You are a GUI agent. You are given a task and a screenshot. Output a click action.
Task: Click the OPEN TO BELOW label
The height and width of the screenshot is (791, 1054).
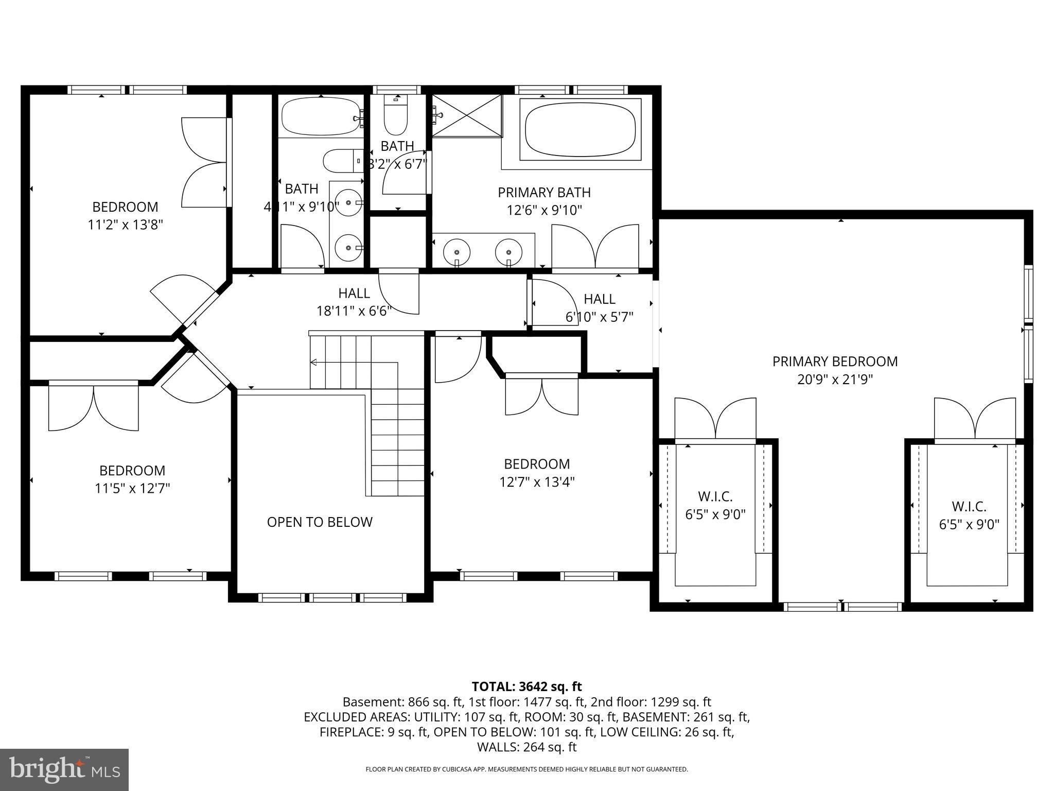pyautogui.click(x=319, y=522)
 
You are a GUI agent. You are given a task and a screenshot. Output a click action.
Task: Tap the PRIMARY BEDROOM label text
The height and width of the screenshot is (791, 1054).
pyautogui.click(x=835, y=362)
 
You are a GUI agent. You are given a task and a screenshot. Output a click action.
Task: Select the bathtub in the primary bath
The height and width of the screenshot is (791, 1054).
pyautogui.click(x=580, y=129)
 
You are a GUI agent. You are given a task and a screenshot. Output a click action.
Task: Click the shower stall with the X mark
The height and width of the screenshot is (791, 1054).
pyautogui.click(x=466, y=116)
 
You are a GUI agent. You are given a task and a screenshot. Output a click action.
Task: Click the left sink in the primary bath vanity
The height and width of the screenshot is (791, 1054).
pyautogui.click(x=457, y=252)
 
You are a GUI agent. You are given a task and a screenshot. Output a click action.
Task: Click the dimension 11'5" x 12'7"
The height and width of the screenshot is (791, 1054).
pyautogui.click(x=132, y=488)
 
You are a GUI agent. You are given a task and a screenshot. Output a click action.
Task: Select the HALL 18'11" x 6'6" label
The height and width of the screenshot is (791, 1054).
pyautogui.click(x=354, y=302)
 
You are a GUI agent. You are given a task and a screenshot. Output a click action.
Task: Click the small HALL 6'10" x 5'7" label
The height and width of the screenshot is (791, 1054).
pyautogui.click(x=599, y=308)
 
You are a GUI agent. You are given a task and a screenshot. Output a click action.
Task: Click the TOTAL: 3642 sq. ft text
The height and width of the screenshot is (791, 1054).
pyautogui.click(x=526, y=686)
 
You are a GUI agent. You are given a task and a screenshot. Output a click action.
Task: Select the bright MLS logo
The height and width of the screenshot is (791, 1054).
pyautogui.click(x=64, y=769)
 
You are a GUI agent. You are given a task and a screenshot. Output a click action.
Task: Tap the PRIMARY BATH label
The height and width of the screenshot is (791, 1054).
pyautogui.click(x=544, y=193)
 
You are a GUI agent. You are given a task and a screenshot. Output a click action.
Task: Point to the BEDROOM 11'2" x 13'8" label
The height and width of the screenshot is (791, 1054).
pyautogui.click(x=125, y=215)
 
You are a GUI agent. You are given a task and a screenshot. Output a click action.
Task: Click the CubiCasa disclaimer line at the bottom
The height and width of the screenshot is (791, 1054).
pyautogui.click(x=526, y=769)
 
